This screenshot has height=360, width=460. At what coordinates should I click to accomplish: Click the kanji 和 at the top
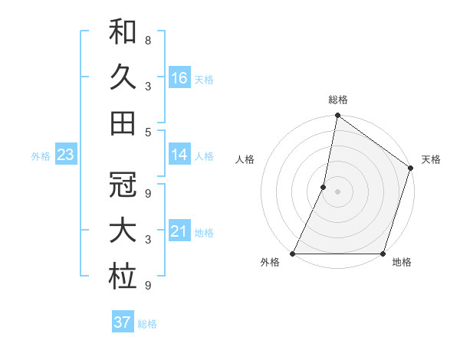tap(123, 34)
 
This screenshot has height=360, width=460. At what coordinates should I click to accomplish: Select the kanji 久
tap(123, 77)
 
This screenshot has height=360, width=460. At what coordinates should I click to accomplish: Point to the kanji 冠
tap(123, 186)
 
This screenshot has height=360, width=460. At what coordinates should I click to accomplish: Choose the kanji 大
tap(123, 232)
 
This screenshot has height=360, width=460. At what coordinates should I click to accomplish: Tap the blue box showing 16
tap(179, 77)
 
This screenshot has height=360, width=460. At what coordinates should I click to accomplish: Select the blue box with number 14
tap(179, 155)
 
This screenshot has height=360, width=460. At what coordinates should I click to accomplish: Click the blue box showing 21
tap(179, 231)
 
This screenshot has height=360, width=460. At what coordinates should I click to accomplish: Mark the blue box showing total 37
tap(123, 322)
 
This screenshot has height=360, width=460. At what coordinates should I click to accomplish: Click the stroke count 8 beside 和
tap(147, 40)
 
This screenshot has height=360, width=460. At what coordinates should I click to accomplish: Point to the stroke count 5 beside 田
tap(147, 132)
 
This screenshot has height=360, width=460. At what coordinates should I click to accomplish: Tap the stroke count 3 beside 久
tap(147, 87)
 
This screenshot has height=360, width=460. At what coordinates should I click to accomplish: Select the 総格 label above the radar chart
tap(337, 100)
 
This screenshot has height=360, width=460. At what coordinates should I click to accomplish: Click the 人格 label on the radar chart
tap(245, 160)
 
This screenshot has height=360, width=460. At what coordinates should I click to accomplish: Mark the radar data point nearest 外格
tap(293, 254)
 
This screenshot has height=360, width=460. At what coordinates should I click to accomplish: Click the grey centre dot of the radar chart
tap(337, 191)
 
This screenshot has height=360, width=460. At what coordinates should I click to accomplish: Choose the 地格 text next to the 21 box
tap(205, 232)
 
